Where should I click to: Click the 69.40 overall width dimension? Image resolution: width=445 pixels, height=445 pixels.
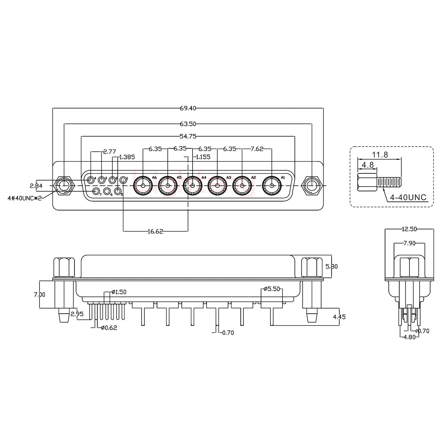click(188, 108)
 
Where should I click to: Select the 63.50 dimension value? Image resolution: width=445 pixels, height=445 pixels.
click(188, 124)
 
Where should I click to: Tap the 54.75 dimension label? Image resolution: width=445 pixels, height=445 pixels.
click(188, 136)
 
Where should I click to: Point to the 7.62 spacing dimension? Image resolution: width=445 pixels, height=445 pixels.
click(257, 149)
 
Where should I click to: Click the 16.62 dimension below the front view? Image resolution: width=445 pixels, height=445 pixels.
click(155, 231)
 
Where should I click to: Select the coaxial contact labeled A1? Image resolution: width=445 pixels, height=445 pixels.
click(272, 186)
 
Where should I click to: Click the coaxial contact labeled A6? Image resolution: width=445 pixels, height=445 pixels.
click(143, 186)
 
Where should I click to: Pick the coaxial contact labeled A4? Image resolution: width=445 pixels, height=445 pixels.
click(193, 186)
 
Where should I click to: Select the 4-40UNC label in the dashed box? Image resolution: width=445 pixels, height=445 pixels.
click(408, 197)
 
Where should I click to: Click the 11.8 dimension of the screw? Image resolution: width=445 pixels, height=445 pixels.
click(380, 155)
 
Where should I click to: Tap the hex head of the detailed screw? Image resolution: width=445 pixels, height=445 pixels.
click(367, 183)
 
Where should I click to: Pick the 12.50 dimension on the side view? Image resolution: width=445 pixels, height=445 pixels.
click(409, 229)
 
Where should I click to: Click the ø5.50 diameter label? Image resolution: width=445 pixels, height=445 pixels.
click(272, 289)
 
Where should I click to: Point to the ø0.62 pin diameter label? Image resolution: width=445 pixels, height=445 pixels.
click(109, 328)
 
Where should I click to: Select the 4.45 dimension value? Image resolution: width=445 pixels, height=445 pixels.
click(339, 317)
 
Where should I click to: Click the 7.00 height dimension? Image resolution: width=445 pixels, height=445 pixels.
click(39, 295)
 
